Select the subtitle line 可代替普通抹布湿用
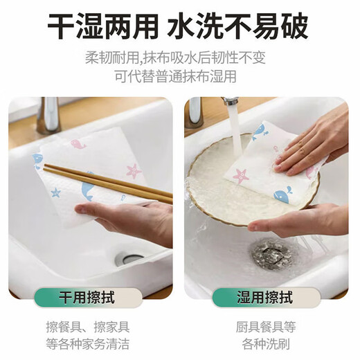(180, 75)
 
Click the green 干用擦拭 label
(91, 298)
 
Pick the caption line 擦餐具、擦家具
(91, 326)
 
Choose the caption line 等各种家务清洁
(91, 343)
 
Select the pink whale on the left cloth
(77, 144)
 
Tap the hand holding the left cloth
(138, 220)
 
